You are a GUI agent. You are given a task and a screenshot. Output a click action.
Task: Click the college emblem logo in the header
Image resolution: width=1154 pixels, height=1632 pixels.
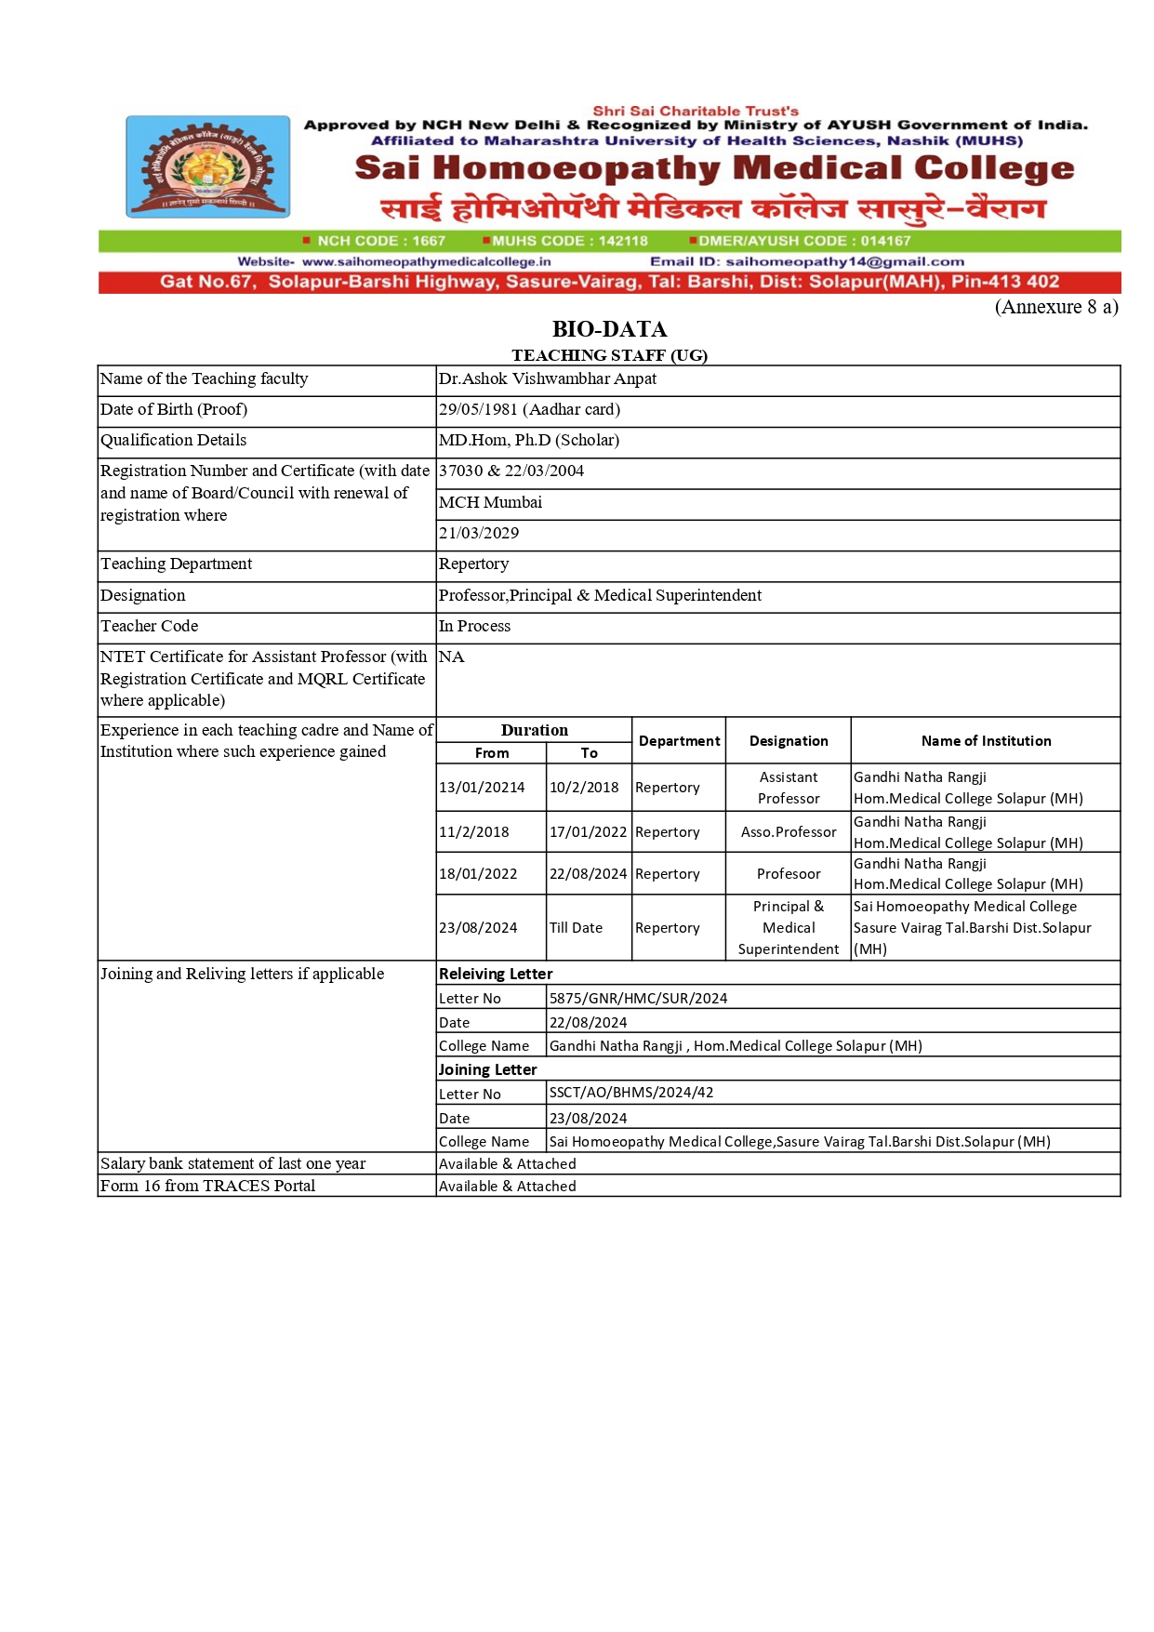click(207, 166)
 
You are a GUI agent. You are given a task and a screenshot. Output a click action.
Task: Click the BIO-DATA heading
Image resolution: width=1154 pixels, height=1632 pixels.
click(609, 329)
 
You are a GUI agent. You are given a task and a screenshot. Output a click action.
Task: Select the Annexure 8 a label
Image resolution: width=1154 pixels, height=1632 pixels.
click(1055, 307)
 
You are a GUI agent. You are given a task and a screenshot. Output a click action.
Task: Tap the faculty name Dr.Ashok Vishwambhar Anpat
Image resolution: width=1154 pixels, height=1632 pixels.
click(547, 378)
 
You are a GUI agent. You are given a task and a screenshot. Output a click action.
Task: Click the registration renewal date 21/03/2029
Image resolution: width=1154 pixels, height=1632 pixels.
click(479, 533)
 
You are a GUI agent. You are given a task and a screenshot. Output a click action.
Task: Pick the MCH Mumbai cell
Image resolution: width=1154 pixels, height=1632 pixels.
click(490, 502)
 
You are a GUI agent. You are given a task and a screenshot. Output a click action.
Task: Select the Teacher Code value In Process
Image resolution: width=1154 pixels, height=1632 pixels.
click(474, 626)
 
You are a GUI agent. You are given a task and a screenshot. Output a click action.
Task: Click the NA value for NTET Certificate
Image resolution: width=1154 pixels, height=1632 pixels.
click(451, 657)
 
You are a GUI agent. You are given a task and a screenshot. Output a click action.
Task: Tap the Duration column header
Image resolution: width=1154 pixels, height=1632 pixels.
click(534, 730)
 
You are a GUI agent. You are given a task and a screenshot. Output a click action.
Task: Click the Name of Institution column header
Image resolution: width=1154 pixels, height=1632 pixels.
click(986, 741)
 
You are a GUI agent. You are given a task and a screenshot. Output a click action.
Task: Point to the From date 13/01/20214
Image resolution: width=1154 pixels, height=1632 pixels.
click(482, 788)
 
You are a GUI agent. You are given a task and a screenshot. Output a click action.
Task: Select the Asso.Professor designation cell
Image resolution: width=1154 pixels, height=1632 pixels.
click(789, 832)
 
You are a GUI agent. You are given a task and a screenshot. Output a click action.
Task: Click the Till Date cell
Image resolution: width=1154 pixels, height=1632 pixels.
click(576, 928)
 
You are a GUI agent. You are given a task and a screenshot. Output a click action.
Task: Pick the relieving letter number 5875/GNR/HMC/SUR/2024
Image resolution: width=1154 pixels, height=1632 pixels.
click(638, 999)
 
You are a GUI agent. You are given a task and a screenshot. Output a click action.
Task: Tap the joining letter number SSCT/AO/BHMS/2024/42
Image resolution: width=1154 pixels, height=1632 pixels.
click(631, 1093)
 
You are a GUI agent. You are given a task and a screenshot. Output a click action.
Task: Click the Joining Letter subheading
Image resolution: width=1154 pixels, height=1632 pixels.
click(487, 1070)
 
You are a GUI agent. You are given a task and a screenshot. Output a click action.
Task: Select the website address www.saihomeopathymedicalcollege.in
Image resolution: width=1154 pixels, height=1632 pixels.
click(426, 262)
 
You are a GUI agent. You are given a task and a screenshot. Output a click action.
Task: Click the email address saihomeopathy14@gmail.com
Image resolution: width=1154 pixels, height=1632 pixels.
click(844, 262)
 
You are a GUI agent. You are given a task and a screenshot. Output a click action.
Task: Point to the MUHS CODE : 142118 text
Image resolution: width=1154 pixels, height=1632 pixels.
click(569, 241)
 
